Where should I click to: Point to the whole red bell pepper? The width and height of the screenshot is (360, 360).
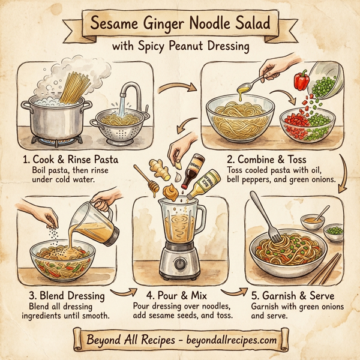click(x=302, y=80)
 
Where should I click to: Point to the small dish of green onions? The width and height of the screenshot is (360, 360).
click(x=334, y=231)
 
